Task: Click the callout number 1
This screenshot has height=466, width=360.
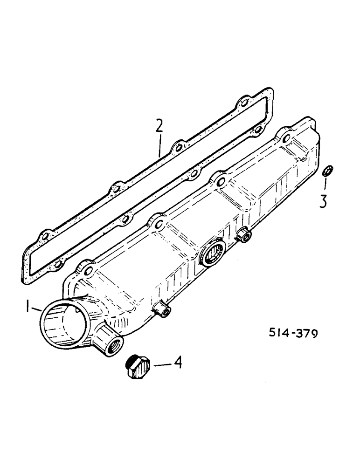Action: click(28, 306)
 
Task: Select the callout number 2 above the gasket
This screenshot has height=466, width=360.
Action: click(159, 127)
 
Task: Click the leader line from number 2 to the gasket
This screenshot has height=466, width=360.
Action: click(159, 145)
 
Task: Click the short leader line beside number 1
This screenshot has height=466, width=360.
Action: click(37, 308)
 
